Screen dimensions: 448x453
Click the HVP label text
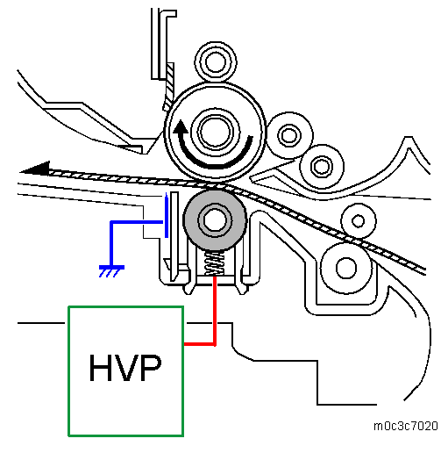(x=125, y=368)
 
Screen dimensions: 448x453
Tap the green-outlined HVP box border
(x=68, y=371)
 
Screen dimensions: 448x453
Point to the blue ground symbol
(x=111, y=270)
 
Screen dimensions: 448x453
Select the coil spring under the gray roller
(x=215, y=263)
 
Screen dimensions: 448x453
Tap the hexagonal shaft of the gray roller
(x=215, y=220)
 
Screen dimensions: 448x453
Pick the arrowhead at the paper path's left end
(x=35, y=169)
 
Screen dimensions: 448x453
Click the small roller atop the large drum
(x=216, y=61)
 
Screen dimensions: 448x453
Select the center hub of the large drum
(x=216, y=131)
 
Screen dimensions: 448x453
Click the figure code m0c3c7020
(x=406, y=426)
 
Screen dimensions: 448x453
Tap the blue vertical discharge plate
(x=167, y=217)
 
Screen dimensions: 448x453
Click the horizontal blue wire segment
(x=137, y=222)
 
